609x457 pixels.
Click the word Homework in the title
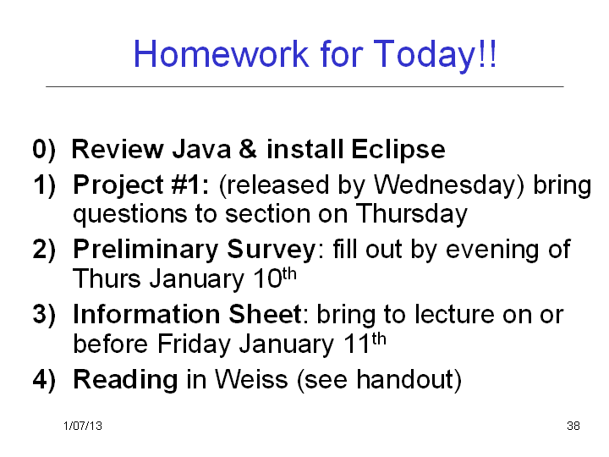click(221, 53)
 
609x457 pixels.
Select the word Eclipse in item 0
click(398, 151)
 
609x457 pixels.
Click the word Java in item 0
click(201, 150)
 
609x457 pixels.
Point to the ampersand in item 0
click(248, 150)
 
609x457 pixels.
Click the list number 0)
click(44, 150)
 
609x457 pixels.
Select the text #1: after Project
click(190, 185)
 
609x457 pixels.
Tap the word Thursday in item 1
click(411, 215)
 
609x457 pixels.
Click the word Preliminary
click(145, 251)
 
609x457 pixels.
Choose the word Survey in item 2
click(272, 251)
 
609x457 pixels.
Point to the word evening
click(492, 251)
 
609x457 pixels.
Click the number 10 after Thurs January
click(267, 278)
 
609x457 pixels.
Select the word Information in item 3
click(146, 314)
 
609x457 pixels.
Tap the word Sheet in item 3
click(265, 314)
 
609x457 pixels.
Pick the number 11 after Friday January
click(356, 344)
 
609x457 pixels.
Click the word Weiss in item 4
click(251, 379)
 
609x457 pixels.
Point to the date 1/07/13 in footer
click(83, 426)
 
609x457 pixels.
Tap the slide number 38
click(573, 426)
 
